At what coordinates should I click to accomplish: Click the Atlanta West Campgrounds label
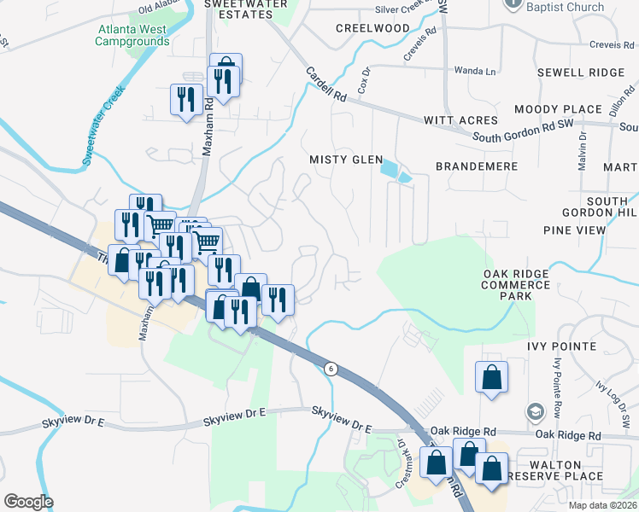(133, 35)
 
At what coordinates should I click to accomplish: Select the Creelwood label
(372, 28)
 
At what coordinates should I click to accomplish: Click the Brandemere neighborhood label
(477, 166)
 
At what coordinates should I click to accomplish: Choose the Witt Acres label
(461, 120)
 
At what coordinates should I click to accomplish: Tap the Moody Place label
(558, 109)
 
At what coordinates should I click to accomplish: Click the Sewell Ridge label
(581, 73)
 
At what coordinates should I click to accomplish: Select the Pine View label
(574, 230)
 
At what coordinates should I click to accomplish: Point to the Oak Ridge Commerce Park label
(515, 285)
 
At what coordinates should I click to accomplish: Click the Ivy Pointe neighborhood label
(561, 346)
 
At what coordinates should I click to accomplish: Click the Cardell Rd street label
(326, 86)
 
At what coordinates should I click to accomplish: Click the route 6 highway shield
(330, 368)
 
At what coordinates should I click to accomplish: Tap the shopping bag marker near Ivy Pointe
(492, 378)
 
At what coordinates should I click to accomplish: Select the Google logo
(28, 502)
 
